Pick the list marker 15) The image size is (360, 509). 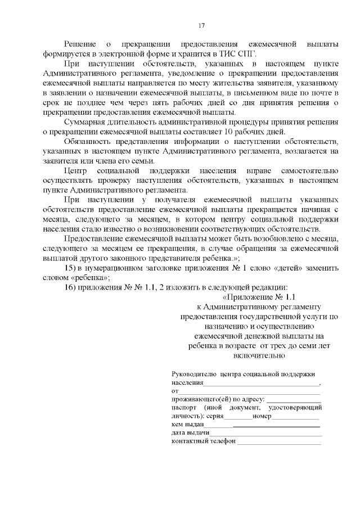point(71,267)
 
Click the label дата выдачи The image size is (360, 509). point(190,433)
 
